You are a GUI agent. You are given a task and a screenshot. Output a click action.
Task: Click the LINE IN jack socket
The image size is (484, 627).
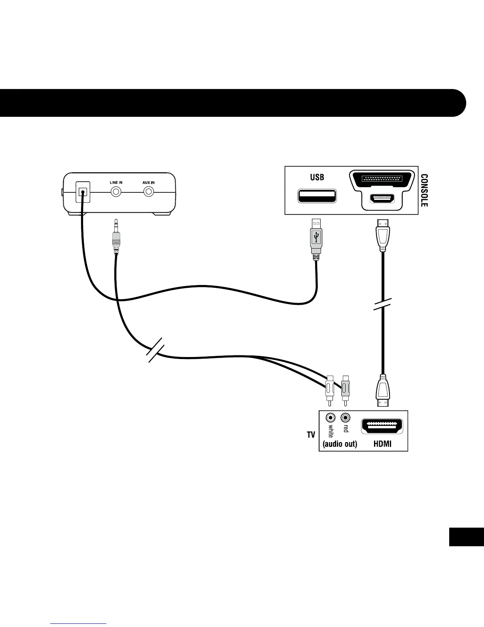pyautogui.click(x=116, y=192)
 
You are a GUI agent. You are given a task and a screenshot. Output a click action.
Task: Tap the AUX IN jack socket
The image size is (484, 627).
pyautogui.click(x=149, y=192)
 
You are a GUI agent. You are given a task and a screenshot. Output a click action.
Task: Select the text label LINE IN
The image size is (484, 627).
pyautogui.click(x=116, y=182)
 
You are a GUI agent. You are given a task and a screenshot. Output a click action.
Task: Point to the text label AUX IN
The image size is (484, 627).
pyautogui.click(x=149, y=182)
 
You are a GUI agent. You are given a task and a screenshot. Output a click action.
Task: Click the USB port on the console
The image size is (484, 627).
pyautogui.click(x=317, y=196)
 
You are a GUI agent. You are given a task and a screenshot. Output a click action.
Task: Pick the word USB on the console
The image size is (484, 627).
pyautogui.click(x=317, y=177)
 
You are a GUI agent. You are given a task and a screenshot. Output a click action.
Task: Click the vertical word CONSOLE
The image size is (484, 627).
pyautogui.click(x=424, y=191)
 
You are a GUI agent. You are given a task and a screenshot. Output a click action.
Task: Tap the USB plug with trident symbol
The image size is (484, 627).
pyautogui.click(x=316, y=237)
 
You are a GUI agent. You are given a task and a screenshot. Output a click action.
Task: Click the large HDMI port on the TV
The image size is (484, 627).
pyautogui.click(x=382, y=426)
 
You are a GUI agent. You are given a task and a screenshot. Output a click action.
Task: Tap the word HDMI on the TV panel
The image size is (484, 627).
pyautogui.click(x=382, y=444)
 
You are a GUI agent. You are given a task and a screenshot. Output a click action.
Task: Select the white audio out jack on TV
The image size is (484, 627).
pyautogui.click(x=330, y=418)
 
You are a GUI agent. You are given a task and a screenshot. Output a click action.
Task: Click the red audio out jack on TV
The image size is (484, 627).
pyautogui.click(x=346, y=418)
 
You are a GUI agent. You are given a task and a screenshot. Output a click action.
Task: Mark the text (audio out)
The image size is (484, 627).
pyautogui.click(x=340, y=444)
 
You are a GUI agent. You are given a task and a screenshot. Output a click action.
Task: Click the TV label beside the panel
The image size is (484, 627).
pyautogui.click(x=311, y=435)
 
